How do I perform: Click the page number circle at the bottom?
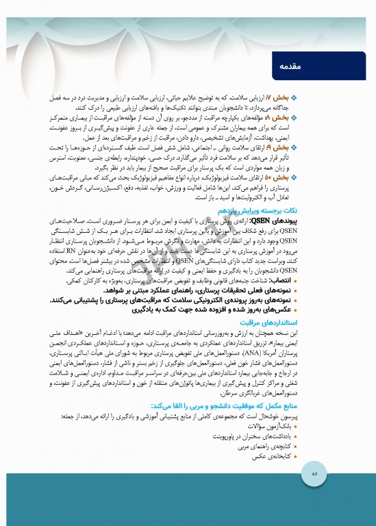(314, 492)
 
